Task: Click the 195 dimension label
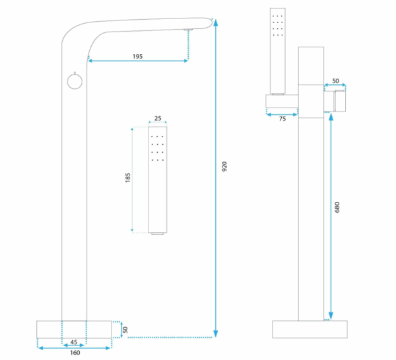[138, 57]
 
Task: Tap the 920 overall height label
[224, 167]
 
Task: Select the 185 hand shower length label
[128, 177]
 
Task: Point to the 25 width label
[158, 118]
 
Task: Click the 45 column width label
[74, 342]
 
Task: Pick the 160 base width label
[75, 353]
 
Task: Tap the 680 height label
[337, 208]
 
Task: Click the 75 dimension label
[282, 119]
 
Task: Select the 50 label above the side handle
[335, 81]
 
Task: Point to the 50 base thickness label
[125, 330]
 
